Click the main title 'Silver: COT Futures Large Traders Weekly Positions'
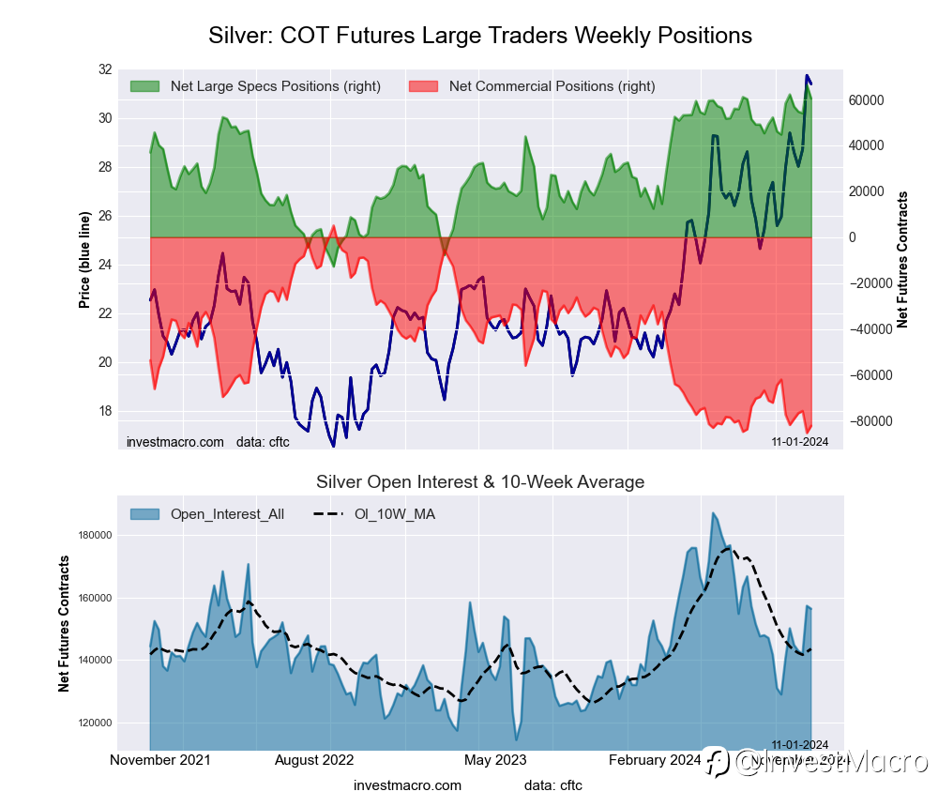479,36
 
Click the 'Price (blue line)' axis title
84,260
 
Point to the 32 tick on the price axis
103,69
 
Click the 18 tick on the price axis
103,411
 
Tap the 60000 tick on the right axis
868,99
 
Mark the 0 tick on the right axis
853,237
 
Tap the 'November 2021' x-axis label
159,760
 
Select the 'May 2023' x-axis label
495,760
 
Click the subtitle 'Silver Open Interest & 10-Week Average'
479,482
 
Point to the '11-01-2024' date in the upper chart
799,441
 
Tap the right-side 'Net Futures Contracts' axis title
902,260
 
